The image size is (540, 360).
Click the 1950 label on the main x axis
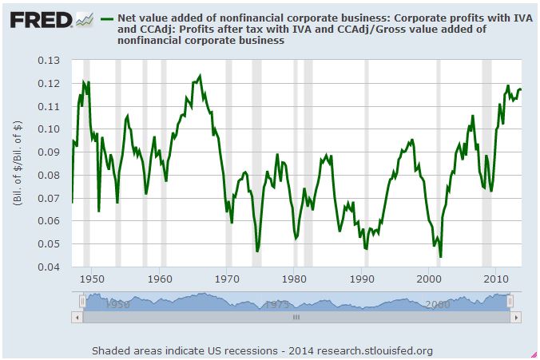click(92, 279)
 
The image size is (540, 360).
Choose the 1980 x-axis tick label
click(295, 279)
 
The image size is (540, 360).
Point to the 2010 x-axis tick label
click(498, 279)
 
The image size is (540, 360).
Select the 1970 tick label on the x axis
click(228, 279)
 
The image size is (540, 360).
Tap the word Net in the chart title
click(127, 18)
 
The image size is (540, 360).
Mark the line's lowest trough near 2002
click(440, 256)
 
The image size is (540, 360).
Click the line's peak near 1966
click(200, 76)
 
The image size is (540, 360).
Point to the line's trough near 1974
click(257, 251)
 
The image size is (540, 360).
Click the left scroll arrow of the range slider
click(77, 317)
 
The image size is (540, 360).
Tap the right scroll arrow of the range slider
click(517, 317)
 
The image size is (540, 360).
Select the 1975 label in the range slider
click(278, 304)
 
